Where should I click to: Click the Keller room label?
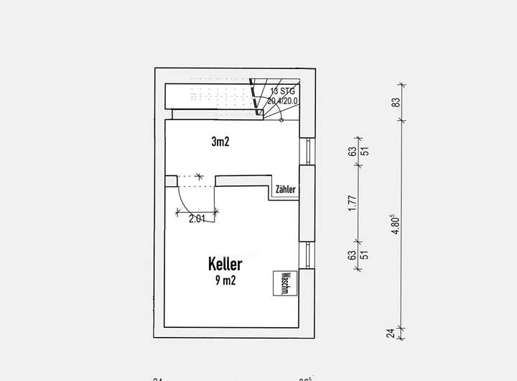[x=225, y=264]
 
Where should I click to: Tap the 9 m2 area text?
[x=225, y=280]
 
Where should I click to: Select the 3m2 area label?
[x=220, y=142]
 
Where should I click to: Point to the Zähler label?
[x=285, y=190]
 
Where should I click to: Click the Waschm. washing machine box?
[x=284, y=284]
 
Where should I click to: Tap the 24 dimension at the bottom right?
[x=391, y=333]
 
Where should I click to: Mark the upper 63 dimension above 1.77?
[x=352, y=151]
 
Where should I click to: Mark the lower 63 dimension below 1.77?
[x=352, y=254]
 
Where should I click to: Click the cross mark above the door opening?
[x=200, y=176]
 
